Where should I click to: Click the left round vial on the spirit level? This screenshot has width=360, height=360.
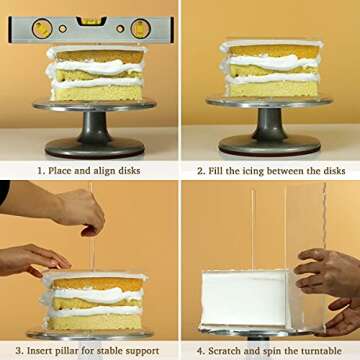[x=43, y=28]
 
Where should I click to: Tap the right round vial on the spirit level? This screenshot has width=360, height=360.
[x=140, y=28]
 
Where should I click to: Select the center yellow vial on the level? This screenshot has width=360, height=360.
[x=93, y=20]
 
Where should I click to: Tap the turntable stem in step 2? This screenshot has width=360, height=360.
[x=270, y=124]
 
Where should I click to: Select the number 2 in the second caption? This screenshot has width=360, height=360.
[x=200, y=170]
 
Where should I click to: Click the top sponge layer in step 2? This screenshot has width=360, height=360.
[x=270, y=51]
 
